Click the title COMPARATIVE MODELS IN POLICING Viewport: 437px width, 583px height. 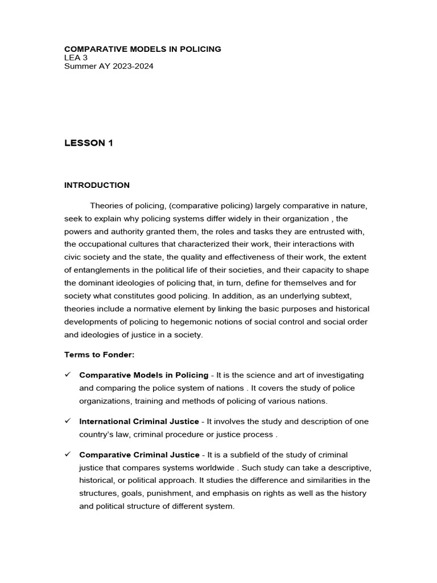point(143,49)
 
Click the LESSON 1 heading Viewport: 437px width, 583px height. point(89,143)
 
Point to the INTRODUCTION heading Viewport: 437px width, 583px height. point(97,185)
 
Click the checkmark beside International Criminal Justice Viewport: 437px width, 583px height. point(67,421)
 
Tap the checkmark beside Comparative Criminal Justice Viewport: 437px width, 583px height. point(67,454)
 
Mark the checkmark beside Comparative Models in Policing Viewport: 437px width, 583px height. point(67,375)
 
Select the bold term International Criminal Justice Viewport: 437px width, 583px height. point(139,421)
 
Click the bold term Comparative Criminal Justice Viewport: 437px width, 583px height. point(139,455)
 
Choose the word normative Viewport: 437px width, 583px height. point(157,309)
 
